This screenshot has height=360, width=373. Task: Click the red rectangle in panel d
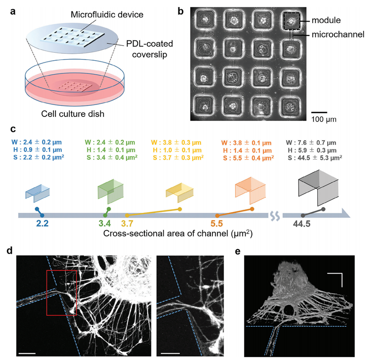tap(62, 292)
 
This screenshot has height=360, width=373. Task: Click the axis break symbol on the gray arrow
tap(275, 216)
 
